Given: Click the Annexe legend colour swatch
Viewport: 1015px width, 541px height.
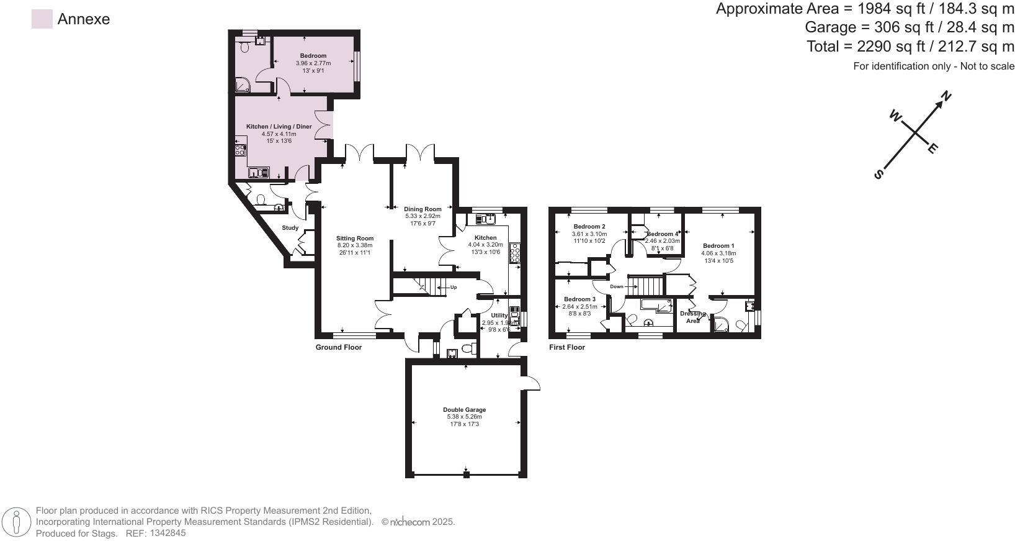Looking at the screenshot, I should pyautogui.click(x=42, y=19).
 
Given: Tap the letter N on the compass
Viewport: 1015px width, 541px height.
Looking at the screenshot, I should pyautogui.click(x=946, y=96).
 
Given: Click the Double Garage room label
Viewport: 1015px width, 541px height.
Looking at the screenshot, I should pyautogui.click(x=464, y=410).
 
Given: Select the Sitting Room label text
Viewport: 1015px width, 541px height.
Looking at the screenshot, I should pyautogui.click(x=355, y=238).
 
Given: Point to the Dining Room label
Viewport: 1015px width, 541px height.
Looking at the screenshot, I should pyautogui.click(x=423, y=209).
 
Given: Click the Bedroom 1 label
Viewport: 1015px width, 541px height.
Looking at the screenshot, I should pyautogui.click(x=718, y=246).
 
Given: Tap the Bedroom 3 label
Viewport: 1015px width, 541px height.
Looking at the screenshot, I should pyautogui.click(x=579, y=299).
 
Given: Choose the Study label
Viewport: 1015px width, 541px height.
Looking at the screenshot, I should pyautogui.click(x=290, y=228).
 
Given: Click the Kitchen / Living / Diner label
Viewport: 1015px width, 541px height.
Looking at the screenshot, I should pyautogui.click(x=279, y=127).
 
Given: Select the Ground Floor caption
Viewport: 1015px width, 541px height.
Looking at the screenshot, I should pyautogui.click(x=338, y=347).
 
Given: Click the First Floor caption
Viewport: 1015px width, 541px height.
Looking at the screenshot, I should pyautogui.click(x=567, y=347).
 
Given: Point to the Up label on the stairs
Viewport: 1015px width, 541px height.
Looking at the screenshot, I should pyautogui.click(x=454, y=287).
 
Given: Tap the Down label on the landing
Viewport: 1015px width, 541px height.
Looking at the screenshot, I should pyautogui.click(x=616, y=287).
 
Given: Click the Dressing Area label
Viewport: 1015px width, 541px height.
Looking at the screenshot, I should pyautogui.click(x=692, y=317).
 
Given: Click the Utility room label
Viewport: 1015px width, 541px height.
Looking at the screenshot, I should pyautogui.click(x=499, y=316).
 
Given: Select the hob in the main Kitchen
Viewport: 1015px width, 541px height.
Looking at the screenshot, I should pyautogui.click(x=514, y=253).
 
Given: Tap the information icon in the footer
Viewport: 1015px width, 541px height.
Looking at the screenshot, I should pyautogui.click(x=18, y=522).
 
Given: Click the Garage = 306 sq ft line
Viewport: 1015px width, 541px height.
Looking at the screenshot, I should pyautogui.click(x=909, y=27).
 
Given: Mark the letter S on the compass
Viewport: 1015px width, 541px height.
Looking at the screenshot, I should pyautogui.click(x=878, y=175).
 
